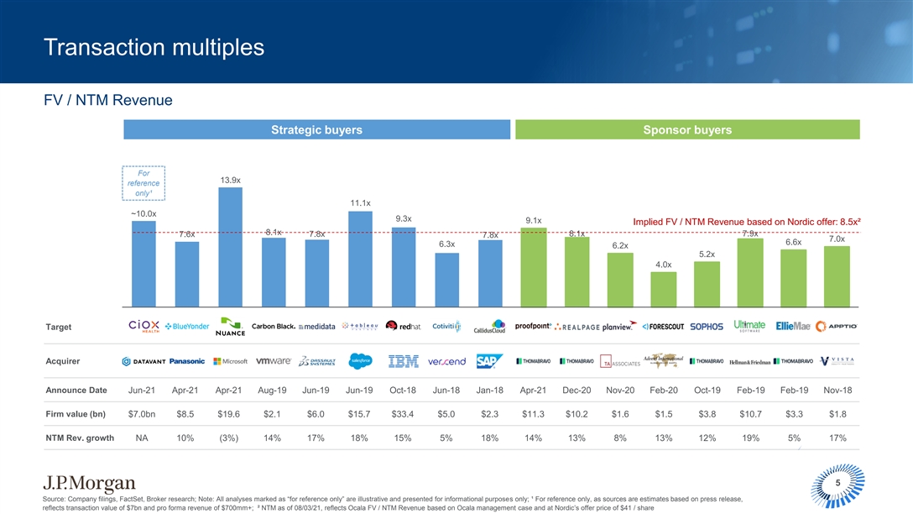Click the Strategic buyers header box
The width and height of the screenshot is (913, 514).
(317, 129)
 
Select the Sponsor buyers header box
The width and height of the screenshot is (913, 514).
(686, 129)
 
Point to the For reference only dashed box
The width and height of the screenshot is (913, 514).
(143, 183)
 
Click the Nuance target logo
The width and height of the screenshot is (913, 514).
(230, 326)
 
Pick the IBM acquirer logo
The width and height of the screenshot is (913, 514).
(404, 361)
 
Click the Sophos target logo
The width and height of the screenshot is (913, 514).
(706, 326)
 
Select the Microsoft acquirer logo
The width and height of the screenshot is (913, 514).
(230, 361)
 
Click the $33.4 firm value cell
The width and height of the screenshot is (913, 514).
(404, 412)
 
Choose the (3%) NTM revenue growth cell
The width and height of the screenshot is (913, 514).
(230, 438)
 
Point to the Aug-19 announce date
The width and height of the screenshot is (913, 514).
(274, 390)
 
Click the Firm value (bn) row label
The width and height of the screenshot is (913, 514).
(76, 412)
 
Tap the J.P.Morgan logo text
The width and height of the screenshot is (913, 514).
(89, 483)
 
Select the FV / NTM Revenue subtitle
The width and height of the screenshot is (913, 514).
(107, 101)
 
